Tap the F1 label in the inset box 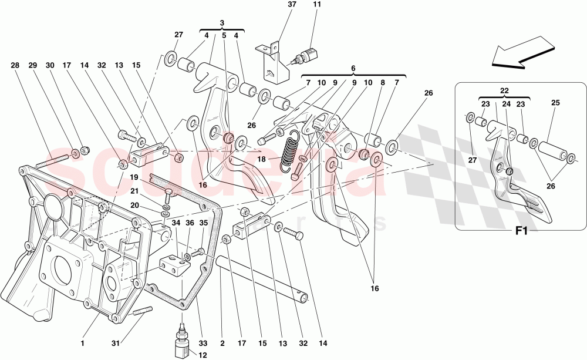pos(520,231)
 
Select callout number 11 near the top pos(317,5)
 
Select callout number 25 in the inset pos(556,103)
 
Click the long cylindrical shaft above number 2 pos(262,278)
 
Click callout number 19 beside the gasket pos(134,177)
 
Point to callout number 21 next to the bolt pos(134,191)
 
